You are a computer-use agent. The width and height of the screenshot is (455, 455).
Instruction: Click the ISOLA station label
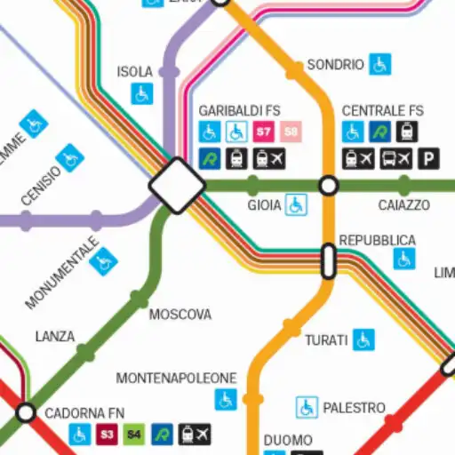click(x=135, y=71)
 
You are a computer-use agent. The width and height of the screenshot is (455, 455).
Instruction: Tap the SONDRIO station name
click(x=335, y=65)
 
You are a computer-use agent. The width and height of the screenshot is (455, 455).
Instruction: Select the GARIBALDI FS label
click(x=239, y=111)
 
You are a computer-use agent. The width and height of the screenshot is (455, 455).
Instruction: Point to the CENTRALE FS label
click(x=383, y=111)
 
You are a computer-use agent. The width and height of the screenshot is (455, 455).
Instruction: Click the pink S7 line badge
click(x=263, y=132)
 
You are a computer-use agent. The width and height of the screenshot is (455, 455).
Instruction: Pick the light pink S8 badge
click(x=291, y=132)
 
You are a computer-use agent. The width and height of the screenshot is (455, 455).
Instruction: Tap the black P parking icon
click(x=430, y=159)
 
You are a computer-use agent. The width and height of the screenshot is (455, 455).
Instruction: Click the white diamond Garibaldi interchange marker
click(x=177, y=186)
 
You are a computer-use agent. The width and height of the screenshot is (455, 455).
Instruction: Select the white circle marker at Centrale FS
click(x=329, y=186)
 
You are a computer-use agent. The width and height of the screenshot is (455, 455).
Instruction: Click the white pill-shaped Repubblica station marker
click(x=328, y=261)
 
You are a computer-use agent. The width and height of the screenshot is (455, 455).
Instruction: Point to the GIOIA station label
click(x=264, y=206)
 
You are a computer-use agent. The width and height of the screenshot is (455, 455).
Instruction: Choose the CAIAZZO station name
click(x=403, y=205)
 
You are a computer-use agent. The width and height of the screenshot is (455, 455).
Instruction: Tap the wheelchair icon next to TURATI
click(x=363, y=339)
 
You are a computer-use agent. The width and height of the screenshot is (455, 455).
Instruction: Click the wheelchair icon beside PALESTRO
click(x=307, y=407)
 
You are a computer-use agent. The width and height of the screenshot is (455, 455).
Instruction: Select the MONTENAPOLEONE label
click(x=177, y=379)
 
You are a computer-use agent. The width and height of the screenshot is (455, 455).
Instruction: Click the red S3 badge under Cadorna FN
click(x=107, y=435)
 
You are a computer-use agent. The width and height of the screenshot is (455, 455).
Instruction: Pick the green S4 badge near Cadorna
click(x=133, y=435)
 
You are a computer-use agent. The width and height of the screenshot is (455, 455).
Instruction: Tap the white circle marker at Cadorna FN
click(x=26, y=412)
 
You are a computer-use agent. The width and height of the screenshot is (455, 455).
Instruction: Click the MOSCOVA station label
click(x=180, y=315)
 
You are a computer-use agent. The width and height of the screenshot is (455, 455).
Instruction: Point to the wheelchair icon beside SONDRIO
click(x=380, y=64)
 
